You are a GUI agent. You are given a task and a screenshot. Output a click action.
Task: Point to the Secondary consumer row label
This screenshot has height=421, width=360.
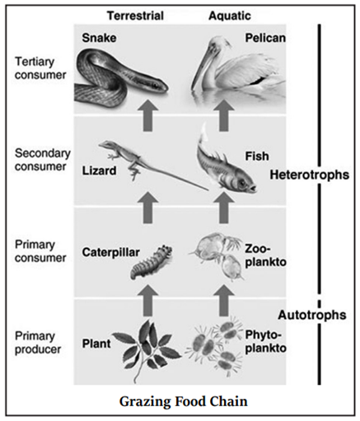point(38,158)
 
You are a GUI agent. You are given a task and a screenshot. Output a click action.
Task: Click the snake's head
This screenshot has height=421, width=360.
point(157,84)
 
